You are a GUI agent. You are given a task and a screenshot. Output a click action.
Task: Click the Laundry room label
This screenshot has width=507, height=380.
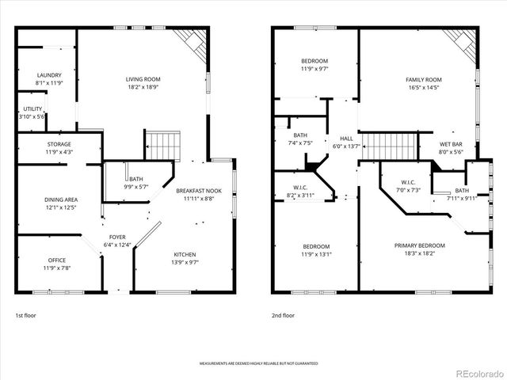(x=48, y=75)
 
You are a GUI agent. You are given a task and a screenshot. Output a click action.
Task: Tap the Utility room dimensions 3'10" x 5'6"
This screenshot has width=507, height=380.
(x=32, y=116)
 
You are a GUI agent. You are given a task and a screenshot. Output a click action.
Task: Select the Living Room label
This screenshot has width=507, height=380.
(x=143, y=79)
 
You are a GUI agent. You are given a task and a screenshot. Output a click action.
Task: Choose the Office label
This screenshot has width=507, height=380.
(x=57, y=260)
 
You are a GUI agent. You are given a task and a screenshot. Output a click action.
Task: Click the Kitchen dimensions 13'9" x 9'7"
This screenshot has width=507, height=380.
(x=185, y=262)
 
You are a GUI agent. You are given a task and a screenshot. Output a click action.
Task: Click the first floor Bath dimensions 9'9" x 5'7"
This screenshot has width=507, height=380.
(x=136, y=187)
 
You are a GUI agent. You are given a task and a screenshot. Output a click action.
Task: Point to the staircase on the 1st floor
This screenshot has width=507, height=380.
(x=162, y=146)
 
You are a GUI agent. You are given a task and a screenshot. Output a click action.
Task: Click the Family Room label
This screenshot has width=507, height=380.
(x=423, y=80)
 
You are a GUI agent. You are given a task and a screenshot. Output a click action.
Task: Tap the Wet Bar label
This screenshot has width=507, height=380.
(x=451, y=144)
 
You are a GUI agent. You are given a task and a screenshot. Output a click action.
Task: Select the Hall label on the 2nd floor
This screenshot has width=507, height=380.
(x=346, y=139)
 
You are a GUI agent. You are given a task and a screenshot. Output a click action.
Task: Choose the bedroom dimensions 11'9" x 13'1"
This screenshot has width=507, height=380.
(x=314, y=254)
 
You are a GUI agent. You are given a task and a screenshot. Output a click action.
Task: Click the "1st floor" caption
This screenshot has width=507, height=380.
(x=25, y=315)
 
